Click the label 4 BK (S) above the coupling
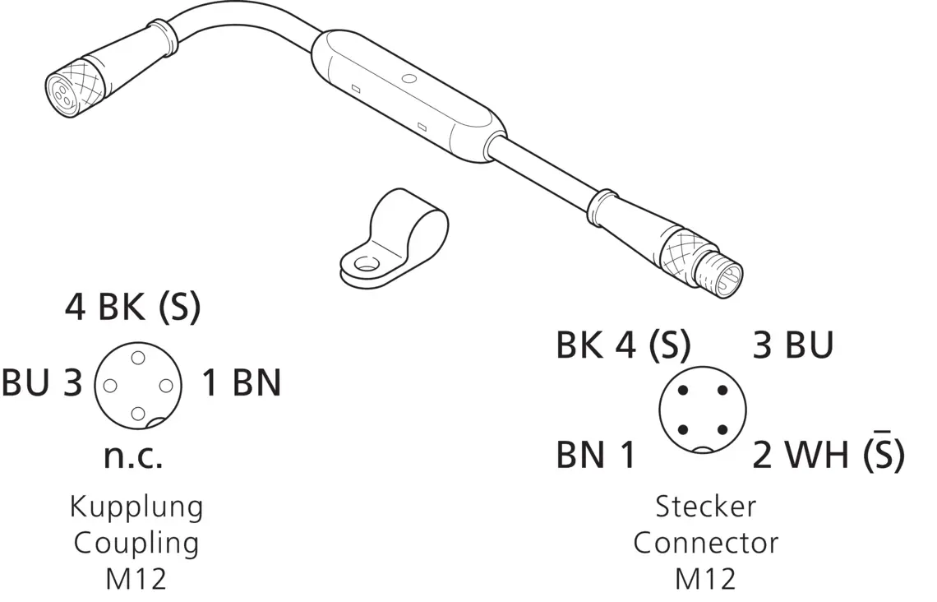click(x=132, y=308)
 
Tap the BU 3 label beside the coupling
click(x=42, y=382)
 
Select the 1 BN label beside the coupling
click(x=241, y=382)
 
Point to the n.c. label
click(x=133, y=456)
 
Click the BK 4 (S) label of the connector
click(x=623, y=345)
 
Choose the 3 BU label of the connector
click(x=792, y=345)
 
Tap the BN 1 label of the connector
click(x=596, y=455)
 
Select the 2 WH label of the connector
click(x=801, y=455)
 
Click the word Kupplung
click(x=136, y=507)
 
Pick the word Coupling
click(x=136, y=544)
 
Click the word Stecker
click(x=706, y=507)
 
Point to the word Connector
click(x=706, y=543)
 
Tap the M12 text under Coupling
click(x=136, y=579)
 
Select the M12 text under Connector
click(x=706, y=579)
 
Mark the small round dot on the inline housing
click(x=409, y=77)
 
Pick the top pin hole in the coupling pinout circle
click(x=138, y=358)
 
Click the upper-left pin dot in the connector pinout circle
click(x=684, y=391)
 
